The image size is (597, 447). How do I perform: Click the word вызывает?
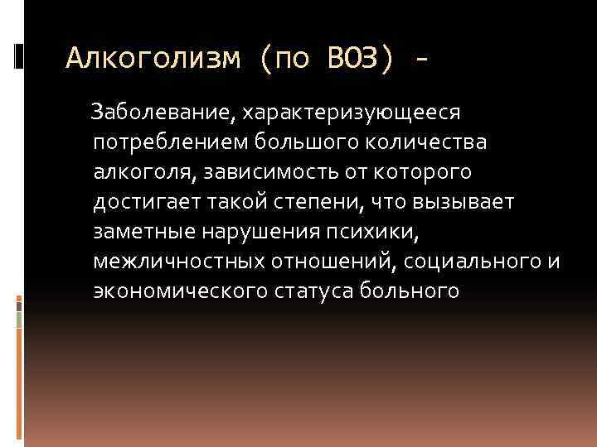469,202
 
